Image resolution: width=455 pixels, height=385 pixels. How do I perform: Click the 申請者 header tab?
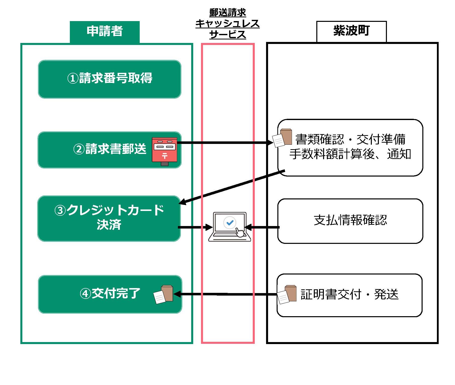[x=105, y=32]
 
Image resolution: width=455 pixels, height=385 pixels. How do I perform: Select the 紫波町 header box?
[x=351, y=31]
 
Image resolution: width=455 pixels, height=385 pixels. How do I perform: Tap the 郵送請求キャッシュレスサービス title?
[x=227, y=24]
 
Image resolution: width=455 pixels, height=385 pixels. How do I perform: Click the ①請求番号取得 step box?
[x=110, y=79]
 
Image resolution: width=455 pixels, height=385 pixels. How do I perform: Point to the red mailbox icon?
[x=165, y=151]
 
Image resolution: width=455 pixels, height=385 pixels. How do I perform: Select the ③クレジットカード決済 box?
[x=109, y=218]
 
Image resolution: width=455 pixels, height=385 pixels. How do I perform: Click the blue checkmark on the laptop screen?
[x=230, y=223]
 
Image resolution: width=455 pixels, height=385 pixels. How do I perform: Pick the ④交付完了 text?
[x=110, y=294]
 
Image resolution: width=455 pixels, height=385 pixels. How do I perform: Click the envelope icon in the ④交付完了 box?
[x=163, y=294]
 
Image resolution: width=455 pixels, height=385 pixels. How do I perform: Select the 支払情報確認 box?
[x=350, y=221]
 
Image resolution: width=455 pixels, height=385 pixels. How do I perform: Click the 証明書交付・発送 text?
[x=349, y=294]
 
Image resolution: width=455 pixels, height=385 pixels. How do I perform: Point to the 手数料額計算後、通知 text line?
[x=350, y=154]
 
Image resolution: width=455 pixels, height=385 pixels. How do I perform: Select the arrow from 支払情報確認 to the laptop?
[x=263, y=227]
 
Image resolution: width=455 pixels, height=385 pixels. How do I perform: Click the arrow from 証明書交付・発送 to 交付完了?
[x=226, y=294]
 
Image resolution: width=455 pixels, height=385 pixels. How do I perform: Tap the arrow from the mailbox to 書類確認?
[x=224, y=143]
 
